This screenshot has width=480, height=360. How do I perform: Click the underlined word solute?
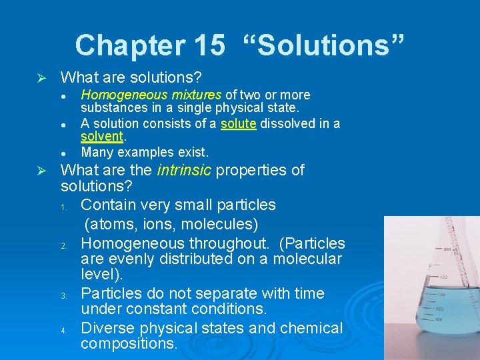(238, 123)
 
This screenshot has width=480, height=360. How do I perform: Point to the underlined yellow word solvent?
(102, 136)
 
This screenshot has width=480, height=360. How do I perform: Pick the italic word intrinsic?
(183, 170)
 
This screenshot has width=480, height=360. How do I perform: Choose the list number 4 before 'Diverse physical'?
(65, 330)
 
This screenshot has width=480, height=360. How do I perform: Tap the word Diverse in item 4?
(108, 328)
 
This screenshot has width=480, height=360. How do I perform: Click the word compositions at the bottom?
(129, 344)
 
